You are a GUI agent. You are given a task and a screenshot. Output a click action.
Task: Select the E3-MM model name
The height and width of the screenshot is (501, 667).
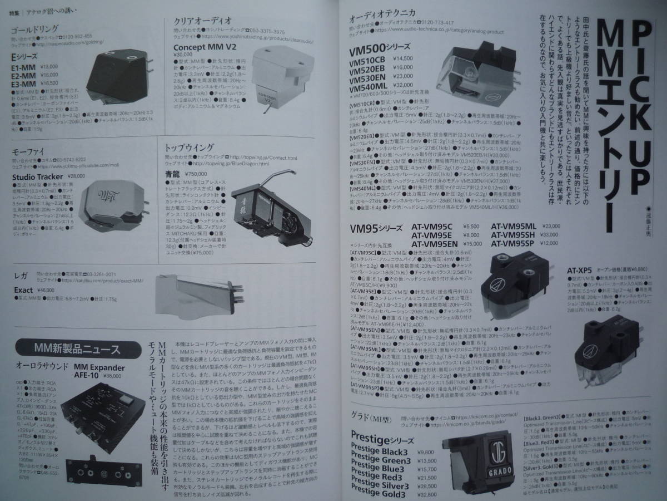pyautogui.click(x=27, y=83)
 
